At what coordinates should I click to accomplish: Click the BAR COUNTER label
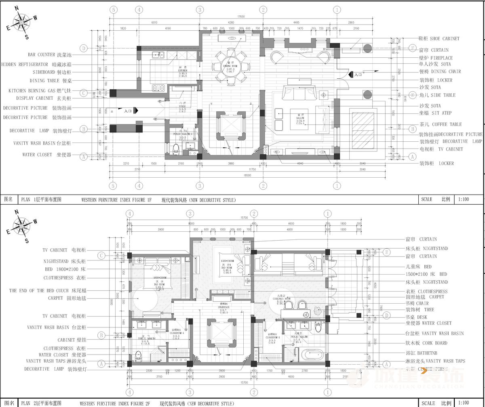coord(50,55)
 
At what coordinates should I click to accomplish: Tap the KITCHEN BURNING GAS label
coord(40,91)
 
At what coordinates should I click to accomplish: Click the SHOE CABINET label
coord(439,38)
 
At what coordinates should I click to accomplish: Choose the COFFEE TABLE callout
coord(440,124)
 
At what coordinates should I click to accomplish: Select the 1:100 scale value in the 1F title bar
coord(464,199)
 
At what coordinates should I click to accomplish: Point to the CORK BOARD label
coord(434,343)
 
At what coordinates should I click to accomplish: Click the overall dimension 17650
coord(241,17)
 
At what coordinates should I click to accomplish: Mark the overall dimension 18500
coord(247,175)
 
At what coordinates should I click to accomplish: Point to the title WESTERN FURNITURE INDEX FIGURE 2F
coord(115,403)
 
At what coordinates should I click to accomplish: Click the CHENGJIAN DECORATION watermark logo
coord(409,378)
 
